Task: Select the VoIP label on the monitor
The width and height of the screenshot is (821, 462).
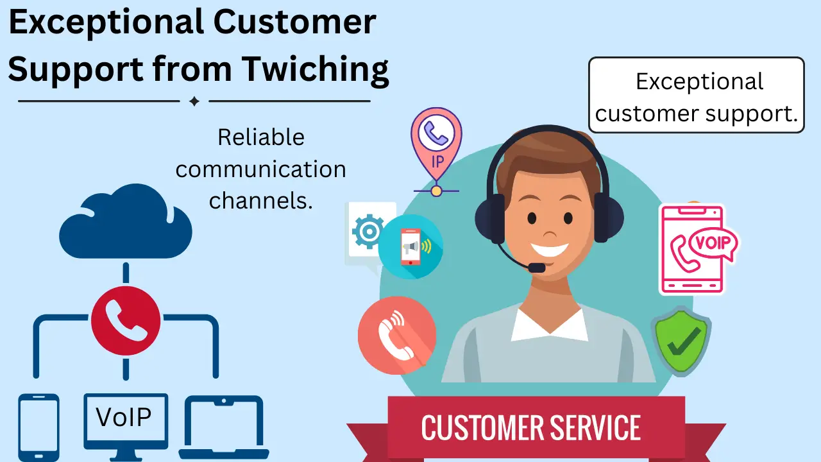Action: pos(124,417)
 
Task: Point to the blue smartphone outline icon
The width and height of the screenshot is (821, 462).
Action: pos(38,427)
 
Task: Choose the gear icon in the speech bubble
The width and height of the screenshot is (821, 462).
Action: pos(368,232)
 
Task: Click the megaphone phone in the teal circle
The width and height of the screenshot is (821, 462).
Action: pos(410,246)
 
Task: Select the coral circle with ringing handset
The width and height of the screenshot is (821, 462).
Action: pos(396,334)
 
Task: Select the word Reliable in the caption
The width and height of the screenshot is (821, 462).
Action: pos(261,137)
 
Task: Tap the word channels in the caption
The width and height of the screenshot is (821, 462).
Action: pos(261,200)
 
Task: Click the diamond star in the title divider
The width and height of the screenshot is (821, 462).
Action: pos(194,101)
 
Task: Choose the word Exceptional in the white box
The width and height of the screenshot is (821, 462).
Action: pos(699,81)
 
